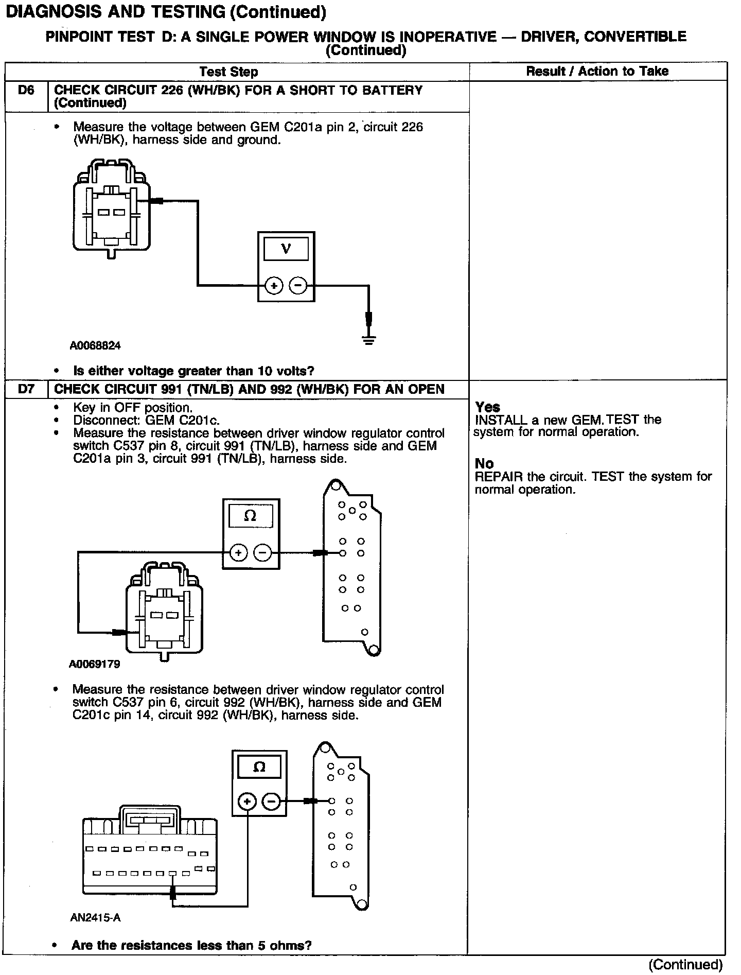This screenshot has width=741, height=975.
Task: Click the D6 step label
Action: point(26,91)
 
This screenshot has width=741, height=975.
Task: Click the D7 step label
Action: point(26,389)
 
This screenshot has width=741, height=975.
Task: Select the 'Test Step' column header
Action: point(228,72)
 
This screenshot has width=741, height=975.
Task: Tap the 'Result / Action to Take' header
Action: point(597,71)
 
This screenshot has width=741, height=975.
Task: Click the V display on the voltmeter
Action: point(286,249)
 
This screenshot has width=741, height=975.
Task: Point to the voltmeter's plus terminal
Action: point(274,285)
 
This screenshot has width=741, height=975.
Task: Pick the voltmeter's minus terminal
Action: point(298,285)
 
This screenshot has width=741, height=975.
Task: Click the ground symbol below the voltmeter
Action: point(368,339)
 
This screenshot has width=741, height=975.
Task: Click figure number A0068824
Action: point(95,346)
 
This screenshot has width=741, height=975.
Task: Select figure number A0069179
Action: point(95,664)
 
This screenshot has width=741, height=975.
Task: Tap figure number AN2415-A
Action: point(95,917)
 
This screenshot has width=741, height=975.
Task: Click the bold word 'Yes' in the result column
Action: point(487,407)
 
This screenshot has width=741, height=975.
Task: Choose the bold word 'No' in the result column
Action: point(484,464)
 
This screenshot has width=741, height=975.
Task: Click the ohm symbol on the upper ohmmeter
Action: point(250,516)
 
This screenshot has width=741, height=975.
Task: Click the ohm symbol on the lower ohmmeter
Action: point(259,768)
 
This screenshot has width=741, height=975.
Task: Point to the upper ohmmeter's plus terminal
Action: point(238,553)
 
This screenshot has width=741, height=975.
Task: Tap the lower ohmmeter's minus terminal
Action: point(272,802)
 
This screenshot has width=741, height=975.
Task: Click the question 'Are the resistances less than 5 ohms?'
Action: point(191,945)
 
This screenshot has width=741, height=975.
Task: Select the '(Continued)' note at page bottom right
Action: point(685,964)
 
